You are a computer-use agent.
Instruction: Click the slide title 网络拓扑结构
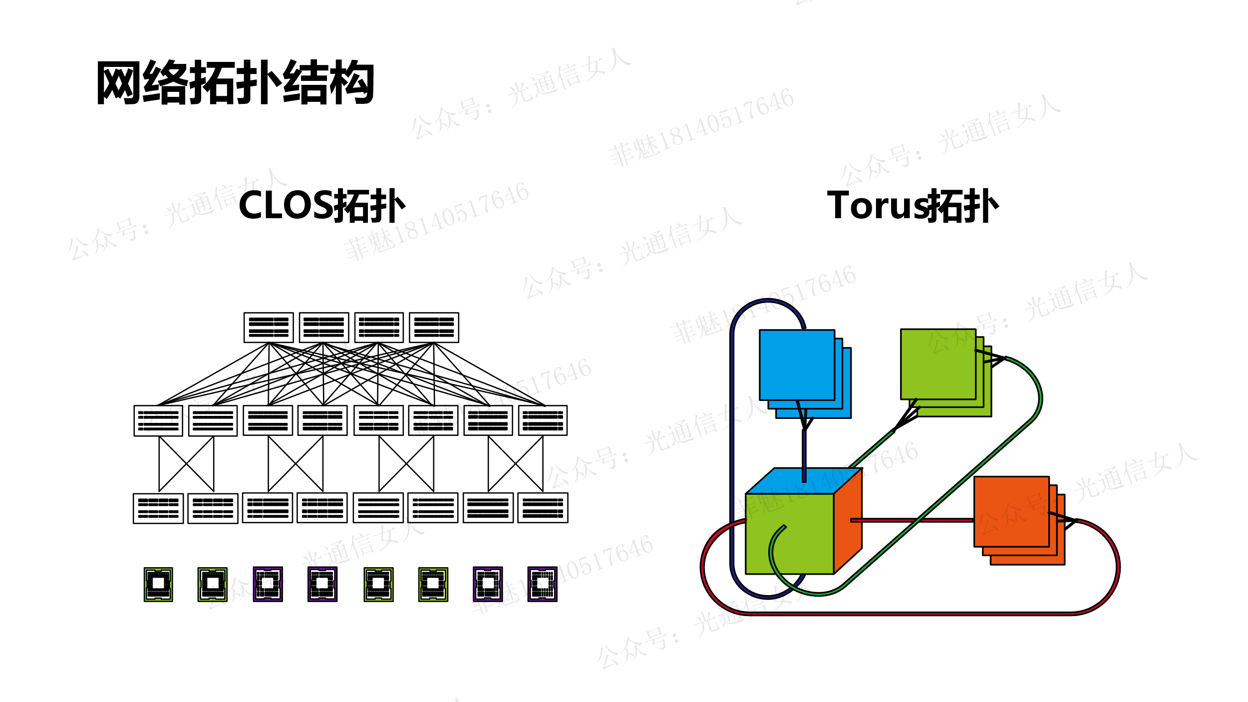coord(235,83)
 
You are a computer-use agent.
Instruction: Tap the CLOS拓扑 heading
coord(322,206)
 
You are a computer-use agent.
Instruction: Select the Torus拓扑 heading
coord(913,206)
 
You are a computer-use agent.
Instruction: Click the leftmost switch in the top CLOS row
coord(269,328)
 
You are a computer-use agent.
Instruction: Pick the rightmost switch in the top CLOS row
coord(434,328)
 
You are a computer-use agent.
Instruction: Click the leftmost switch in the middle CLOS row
coord(158,420)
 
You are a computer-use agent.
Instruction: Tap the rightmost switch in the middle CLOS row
coord(543,420)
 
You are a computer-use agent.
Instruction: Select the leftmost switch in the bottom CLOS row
coord(158,508)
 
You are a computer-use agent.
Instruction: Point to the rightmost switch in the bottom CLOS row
coord(543,508)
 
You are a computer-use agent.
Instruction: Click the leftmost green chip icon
coord(158,584)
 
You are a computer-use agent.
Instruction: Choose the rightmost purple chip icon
coord(542,584)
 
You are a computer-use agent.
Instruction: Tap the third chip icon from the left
coord(268,584)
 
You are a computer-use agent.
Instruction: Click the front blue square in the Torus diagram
coord(797,365)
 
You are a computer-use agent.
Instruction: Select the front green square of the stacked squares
coord(938,364)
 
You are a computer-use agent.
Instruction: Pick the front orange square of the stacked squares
coord(1011,512)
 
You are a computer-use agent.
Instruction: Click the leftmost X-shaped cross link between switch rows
coord(186,464)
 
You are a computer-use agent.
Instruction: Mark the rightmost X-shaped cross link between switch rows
coord(516,464)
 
